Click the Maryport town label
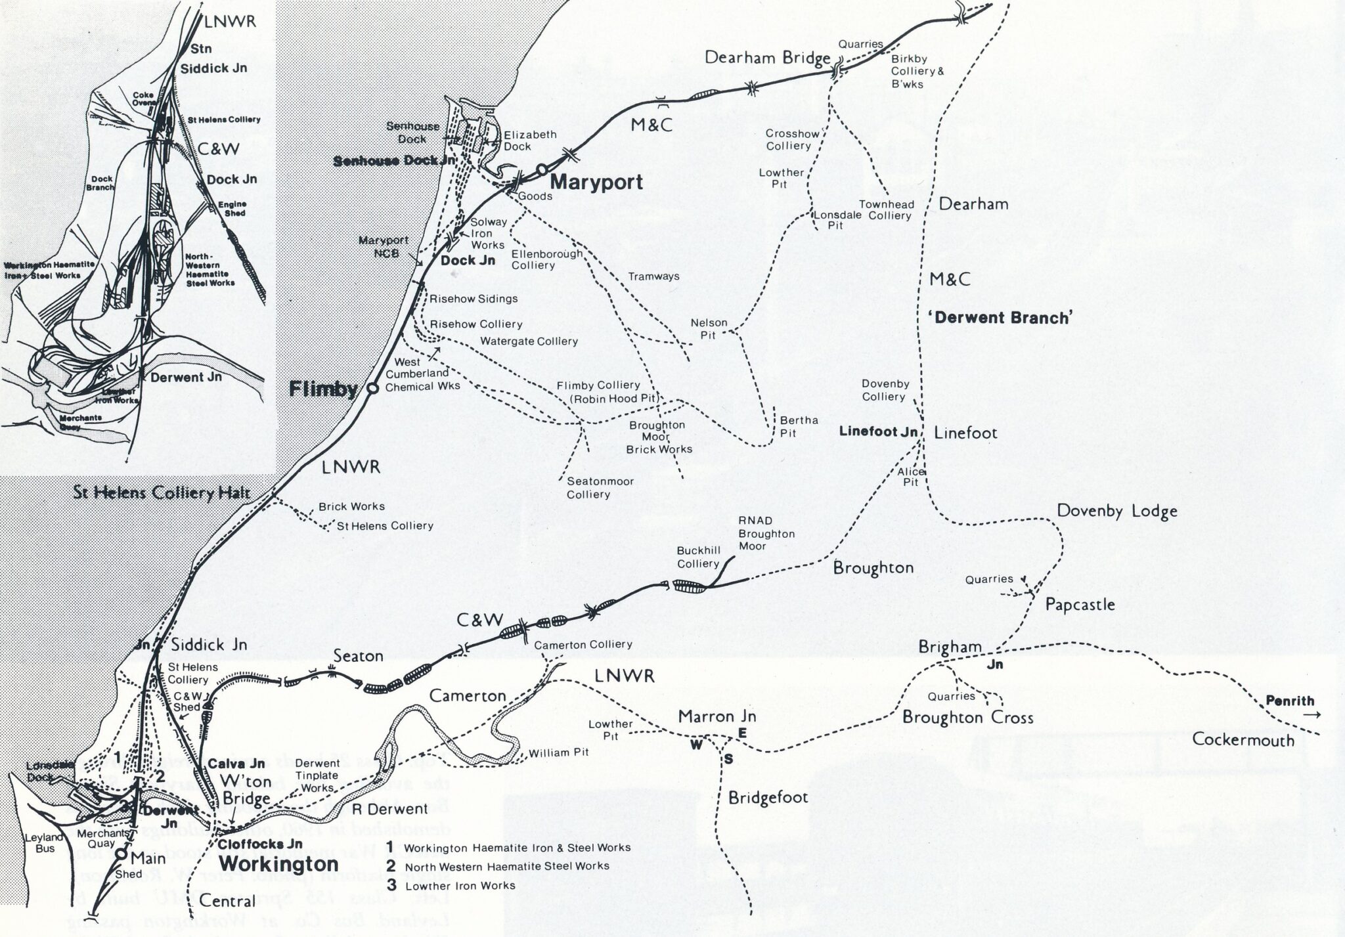pyautogui.click(x=596, y=182)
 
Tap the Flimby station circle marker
pyautogui.click(x=372, y=389)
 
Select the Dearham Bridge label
pyautogui.click(x=767, y=58)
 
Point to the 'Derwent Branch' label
pyautogui.click(x=1000, y=318)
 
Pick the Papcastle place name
pyautogui.click(x=1080, y=604)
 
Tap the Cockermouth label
pyautogui.click(x=1243, y=740)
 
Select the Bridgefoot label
pyautogui.click(x=768, y=798)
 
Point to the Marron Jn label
pyautogui.click(x=717, y=716)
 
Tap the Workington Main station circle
pyautogui.click(x=121, y=854)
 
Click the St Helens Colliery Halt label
pyautogui.click(x=162, y=492)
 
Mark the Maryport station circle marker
pyautogui.click(x=542, y=169)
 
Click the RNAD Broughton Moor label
pyautogui.click(x=766, y=533)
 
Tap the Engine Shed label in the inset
pyautogui.click(x=234, y=209)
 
